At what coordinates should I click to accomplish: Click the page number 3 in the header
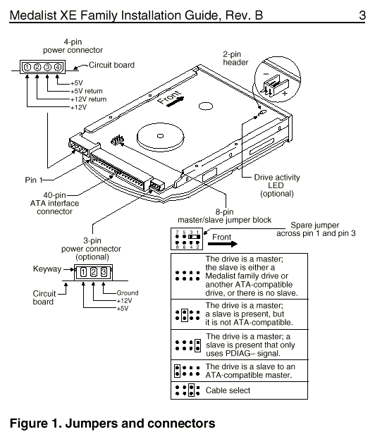tap(362, 16)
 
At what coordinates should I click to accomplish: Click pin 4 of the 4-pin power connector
tap(58, 67)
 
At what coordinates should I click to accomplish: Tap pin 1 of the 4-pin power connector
tap(27, 67)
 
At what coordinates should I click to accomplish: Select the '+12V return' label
tap(88, 99)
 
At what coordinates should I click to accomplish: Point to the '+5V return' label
tap(87, 91)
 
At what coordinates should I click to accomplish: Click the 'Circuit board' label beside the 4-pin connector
tap(111, 65)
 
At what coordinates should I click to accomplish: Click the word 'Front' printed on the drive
tap(169, 97)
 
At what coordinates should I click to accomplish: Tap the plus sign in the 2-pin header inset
tap(284, 92)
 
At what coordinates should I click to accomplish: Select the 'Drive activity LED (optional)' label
tap(277, 185)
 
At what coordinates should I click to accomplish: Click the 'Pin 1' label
tap(33, 180)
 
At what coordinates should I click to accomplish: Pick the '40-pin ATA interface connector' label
tap(55, 203)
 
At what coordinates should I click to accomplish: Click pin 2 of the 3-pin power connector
tap(94, 272)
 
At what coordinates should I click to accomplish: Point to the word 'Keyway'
tap(47, 269)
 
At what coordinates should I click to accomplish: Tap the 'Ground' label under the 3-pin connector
tap(128, 292)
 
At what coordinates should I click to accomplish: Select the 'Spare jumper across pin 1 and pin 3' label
tap(316, 229)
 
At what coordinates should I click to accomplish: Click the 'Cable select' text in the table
tap(228, 390)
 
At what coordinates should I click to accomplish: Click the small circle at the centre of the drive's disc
tap(160, 136)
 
